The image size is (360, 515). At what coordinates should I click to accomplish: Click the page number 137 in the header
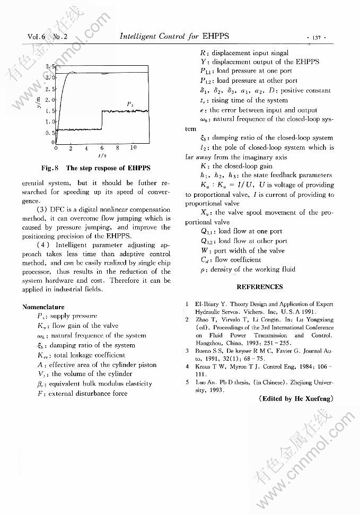click(318, 37)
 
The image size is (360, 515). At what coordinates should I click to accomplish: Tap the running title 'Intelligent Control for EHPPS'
click(174, 37)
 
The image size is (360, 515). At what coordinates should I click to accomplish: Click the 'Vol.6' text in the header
click(38, 37)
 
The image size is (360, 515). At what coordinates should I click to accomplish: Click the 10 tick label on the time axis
click(133, 148)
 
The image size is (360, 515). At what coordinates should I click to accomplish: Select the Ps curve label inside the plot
click(130, 103)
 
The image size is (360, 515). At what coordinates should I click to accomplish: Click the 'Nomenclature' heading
click(43, 307)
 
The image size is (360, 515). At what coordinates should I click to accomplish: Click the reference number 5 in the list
click(187, 381)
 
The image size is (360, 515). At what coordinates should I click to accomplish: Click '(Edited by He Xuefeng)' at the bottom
click(296, 399)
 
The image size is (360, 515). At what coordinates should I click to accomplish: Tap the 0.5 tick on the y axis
click(51, 133)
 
